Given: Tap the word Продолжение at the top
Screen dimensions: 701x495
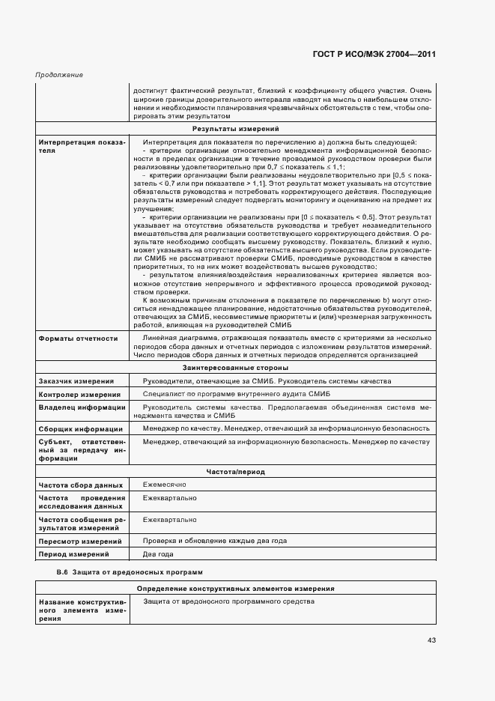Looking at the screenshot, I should click(59, 75).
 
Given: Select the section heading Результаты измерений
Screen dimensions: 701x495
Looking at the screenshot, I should click(234, 130).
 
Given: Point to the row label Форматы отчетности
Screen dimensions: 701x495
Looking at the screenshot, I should click(78, 339).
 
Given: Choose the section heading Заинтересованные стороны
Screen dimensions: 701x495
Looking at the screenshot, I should click(234, 368).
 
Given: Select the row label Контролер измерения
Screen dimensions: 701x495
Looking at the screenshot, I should click(79, 395).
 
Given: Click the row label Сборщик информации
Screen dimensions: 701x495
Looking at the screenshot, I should click(80, 429).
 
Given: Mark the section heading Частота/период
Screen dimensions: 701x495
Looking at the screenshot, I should click(234, 472).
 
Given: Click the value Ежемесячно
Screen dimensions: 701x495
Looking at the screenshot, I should click(164, 485).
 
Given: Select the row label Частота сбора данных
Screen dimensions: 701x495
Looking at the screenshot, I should click(80, 486).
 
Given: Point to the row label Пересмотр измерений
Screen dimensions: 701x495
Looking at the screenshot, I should click(79, 541).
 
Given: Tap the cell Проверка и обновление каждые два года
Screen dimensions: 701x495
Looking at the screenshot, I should click(215, 540).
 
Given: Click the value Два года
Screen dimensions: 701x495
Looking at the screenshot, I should click(158, 554).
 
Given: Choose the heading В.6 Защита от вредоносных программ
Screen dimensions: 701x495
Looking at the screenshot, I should click(130, 572).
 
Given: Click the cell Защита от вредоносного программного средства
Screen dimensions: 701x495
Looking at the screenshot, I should click(228, 601).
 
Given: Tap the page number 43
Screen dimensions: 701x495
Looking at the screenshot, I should click(431, 640).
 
